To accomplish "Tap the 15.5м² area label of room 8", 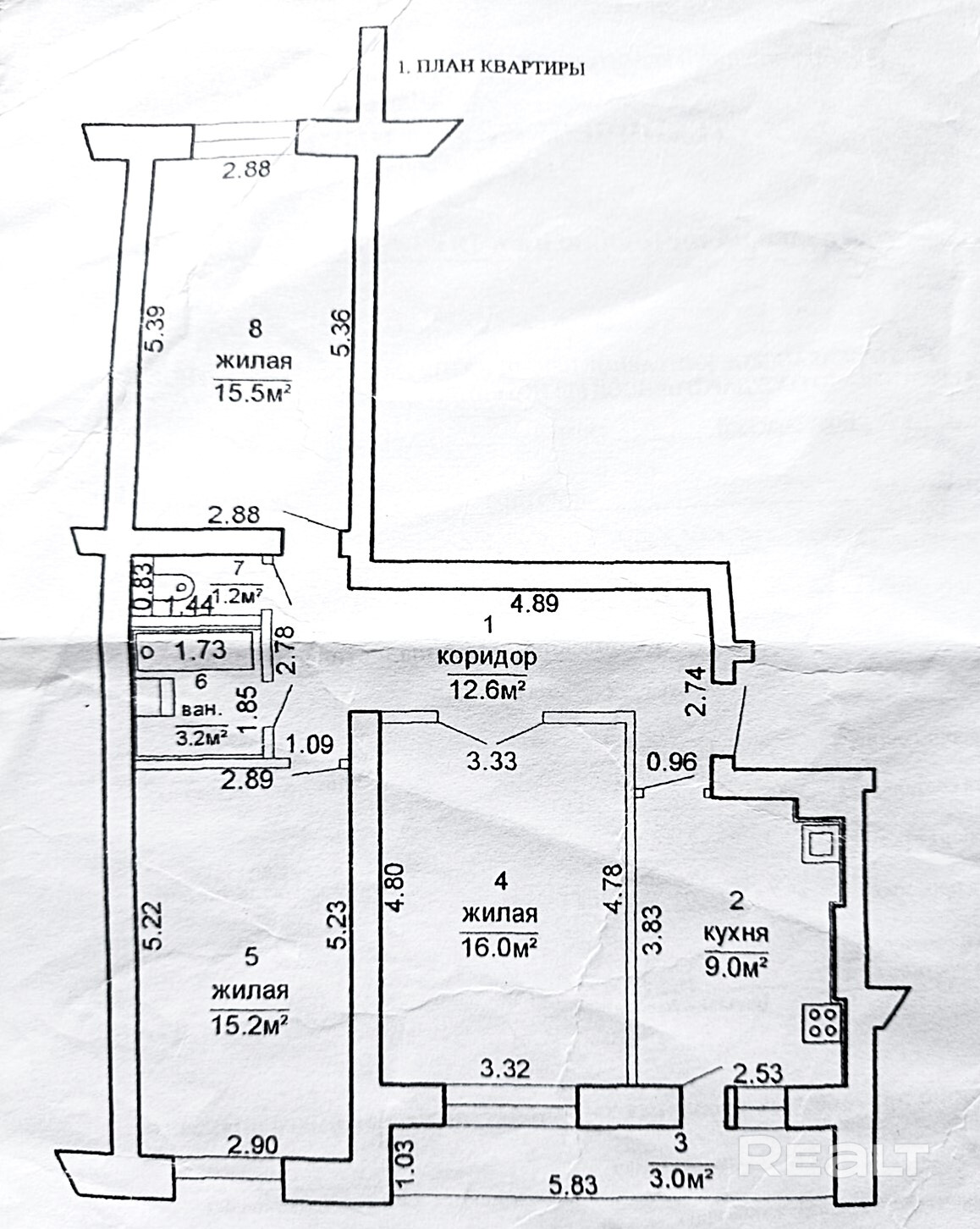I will [252, 394].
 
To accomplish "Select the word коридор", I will [487, 657].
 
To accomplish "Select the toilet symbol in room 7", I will [180, 582].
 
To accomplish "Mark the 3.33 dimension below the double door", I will [492, 760].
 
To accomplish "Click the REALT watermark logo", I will [834, 1156].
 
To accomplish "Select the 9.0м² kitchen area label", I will [736, 965].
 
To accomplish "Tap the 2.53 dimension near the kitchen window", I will [758, 1073].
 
